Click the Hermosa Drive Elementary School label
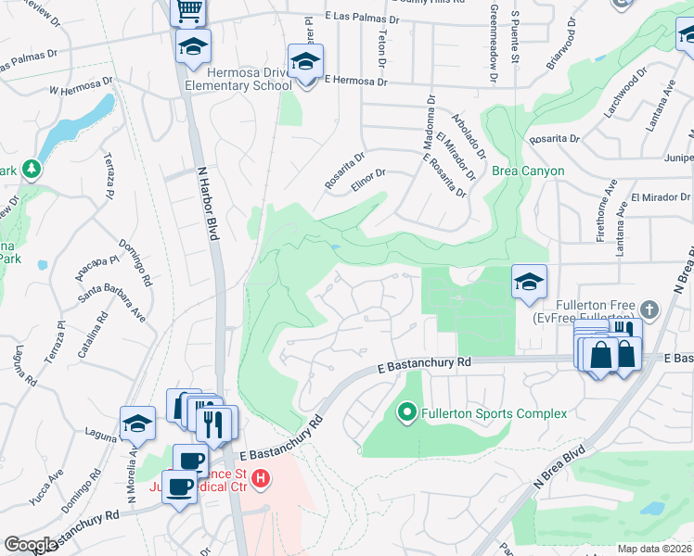click(238, 79)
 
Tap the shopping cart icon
click(188, 11)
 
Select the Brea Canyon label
click(528, 171)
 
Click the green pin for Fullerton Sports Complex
click(406, 412)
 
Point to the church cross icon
click(649, 310)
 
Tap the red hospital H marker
click(262, 479)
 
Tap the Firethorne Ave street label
click(610, 199)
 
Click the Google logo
click(31, 545)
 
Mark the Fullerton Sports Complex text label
click(494, 413)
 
